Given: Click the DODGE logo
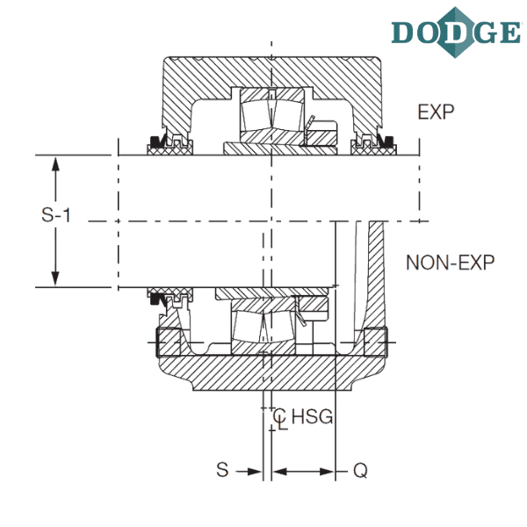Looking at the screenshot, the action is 457,32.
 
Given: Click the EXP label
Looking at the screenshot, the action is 436,112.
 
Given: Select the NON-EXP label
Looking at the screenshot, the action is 451,263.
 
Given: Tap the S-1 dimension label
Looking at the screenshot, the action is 56,214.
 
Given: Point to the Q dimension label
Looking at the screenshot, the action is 360,470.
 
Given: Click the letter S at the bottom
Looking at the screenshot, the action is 222,470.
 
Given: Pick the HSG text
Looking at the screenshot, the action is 312,416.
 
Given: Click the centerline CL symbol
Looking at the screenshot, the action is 279,419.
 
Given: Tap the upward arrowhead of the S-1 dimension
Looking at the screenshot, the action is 55,165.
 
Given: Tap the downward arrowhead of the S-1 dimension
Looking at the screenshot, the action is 55,278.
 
